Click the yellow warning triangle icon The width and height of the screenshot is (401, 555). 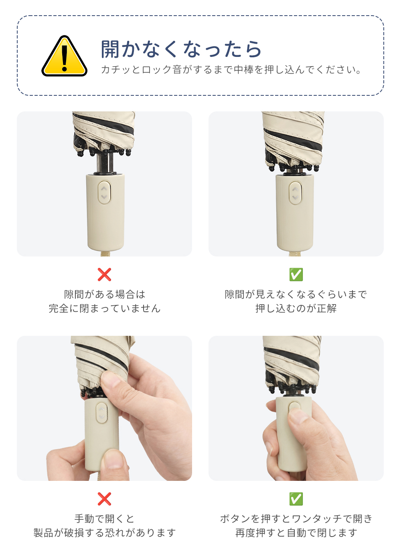pyautogui.click(x=64, y=56)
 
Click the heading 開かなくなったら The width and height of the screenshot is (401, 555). pyautogui.click(x=181, y=49)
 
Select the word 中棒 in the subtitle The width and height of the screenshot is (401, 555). pyautogui.click(x=244, y=70)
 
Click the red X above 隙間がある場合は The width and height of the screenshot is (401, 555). pyautogui.click(x=104, y=274)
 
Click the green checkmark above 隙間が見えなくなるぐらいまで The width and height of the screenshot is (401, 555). pyautogui.click(x=296, y=274)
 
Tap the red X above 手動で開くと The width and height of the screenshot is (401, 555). pyautogui.click(x=104, y=499)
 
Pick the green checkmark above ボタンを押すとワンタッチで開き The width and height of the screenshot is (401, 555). pyautogui.click(x=296, y=499)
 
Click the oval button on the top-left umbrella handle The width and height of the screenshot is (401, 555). pyautogui.click(x=104, y=192)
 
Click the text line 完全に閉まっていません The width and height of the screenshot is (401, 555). pyautogui.click(x=104, y=309)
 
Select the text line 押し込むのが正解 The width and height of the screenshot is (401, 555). pyautogui.click(x=296, y=309)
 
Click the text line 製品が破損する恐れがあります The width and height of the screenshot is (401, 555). pyautogui.click(x=104, y=533)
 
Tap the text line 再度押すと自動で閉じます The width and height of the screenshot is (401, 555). pyautogui.click(x=296, y=533)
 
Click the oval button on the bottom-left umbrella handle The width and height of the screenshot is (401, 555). pyautogui.click(x=101, y=412)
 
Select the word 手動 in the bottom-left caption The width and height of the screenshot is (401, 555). pyautogui.click(x=85, y=519)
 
